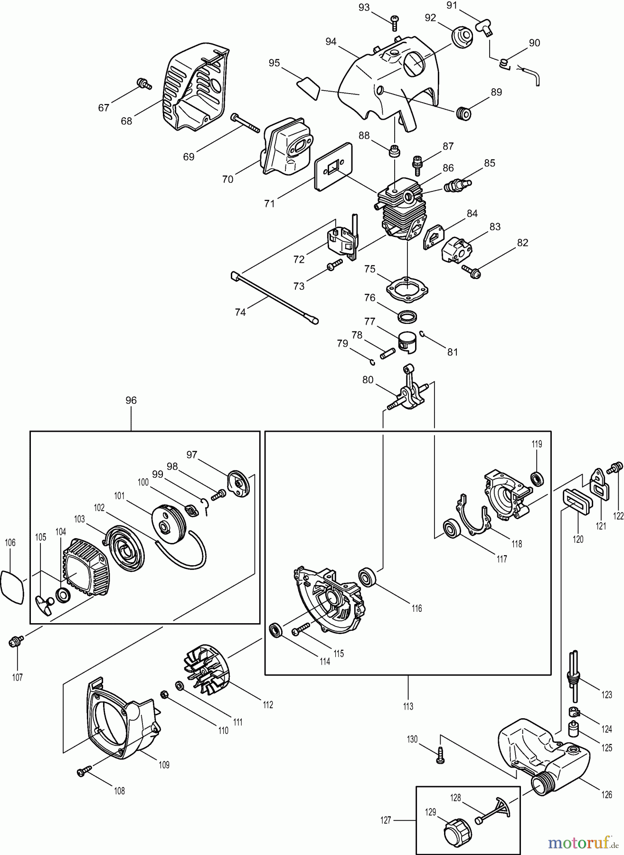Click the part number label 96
[x=131, y=400]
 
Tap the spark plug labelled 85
[x=456, y=184]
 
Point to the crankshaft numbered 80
[x=410, y=393]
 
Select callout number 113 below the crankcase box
[x=408, y=706]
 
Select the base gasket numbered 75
[x=408, y=287]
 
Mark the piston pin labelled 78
[x=388, y=354]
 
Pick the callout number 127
[x=386, y=819]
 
